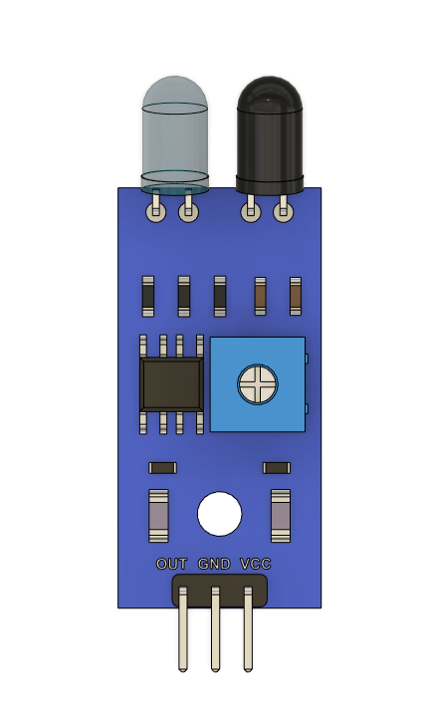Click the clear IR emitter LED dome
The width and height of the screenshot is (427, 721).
(x=174, y=129)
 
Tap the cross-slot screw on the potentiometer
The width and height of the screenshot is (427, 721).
(x=258, y=384)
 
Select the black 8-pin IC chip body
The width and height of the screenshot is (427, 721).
(x=171, y=384)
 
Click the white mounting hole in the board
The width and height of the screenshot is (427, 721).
(x=219, y=515)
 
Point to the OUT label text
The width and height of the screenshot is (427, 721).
(x=172, y=564)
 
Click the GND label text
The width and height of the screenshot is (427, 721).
(x=214, y=564)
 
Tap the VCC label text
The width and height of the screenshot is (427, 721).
(x=256, y=564)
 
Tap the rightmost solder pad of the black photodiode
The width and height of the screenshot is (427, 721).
(x=285, y=210)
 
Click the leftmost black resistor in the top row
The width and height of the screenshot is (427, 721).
(x=148, y=295)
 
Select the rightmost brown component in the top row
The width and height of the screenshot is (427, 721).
(x=296, y=295)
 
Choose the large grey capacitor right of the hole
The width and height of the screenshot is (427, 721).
(x=281, y=516)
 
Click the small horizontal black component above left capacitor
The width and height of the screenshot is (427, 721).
(x=162, y=468)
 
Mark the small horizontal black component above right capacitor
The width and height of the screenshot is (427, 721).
(x=277, y=468)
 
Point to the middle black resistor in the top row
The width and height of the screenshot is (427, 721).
(x=184, y=295)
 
